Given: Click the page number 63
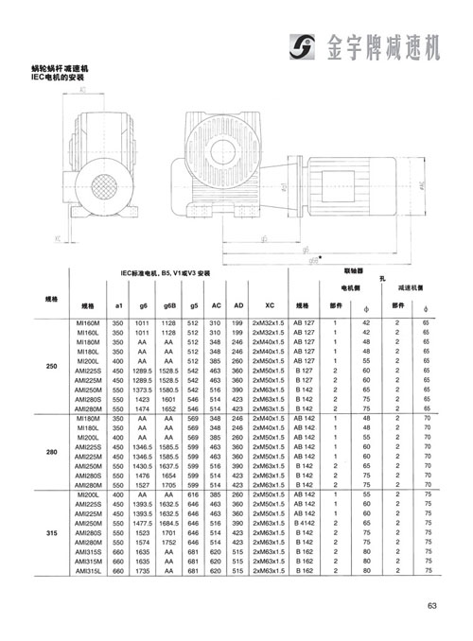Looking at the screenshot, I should click(x=430, y=607).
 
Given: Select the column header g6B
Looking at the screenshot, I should click(x=169, y=307).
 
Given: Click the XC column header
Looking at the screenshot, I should click(x=269, y=307).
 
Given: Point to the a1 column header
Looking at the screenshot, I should click(x=118, y=307).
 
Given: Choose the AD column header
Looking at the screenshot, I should click(x=237, y=307).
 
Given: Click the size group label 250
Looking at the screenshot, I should click(x=52, y=366).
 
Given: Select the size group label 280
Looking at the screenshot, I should click(x=52, y=452).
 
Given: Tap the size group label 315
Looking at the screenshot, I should click(x=52, y=534).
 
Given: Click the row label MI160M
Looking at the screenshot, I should click(x=88, y=323).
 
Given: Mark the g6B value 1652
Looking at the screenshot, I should click(x=169, y=408).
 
